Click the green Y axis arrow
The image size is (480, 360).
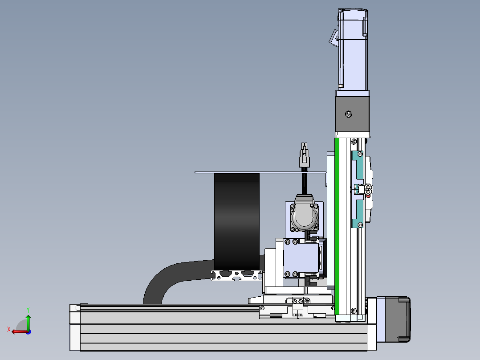(28, 322)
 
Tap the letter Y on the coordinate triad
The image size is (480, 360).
(28, 310)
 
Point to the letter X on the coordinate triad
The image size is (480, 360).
(9, 329)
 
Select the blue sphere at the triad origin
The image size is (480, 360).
(28, 332)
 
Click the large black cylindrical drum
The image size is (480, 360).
(236, 222)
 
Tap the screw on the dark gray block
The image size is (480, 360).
(348, 114)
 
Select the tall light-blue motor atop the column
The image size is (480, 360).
(353, 49)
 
